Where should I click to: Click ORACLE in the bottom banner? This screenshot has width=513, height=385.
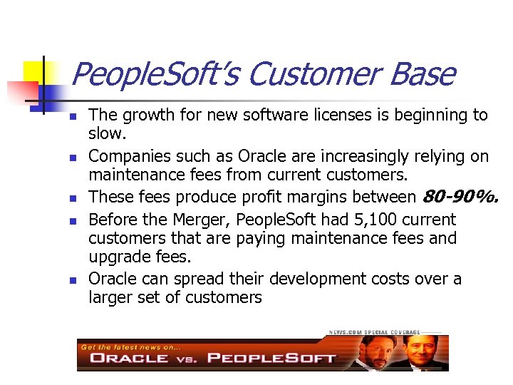[129, 357]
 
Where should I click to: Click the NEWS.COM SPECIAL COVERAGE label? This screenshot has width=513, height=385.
[374, 333]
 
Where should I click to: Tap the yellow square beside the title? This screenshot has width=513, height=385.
[36, 72]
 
